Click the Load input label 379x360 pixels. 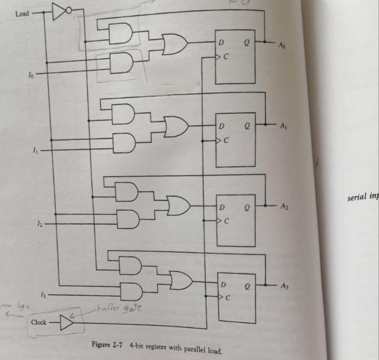tap(22, 14)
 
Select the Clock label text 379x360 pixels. tap(39, 322)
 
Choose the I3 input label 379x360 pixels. tap(42, 294)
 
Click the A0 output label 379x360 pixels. tap(282, 44)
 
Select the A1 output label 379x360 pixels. tap(283, 126)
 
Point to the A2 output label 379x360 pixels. tap(284, 207)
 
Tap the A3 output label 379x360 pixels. tap(284, 285)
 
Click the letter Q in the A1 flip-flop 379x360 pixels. tap(247, 127)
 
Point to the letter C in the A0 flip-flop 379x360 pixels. tap(225, 56)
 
